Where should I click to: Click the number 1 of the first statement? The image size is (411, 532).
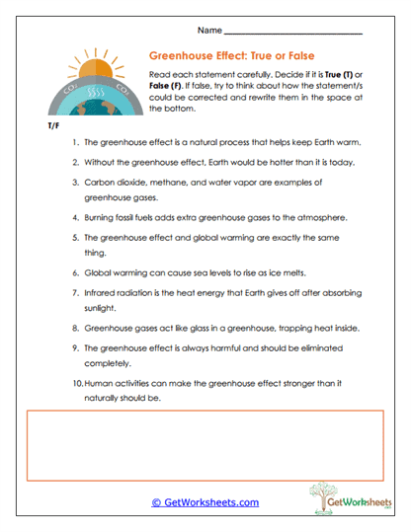(75, 143)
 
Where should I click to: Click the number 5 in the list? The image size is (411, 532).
(75, 238)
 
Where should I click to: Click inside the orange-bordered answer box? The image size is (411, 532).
(205, 444)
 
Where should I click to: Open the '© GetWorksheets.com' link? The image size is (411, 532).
(205, 502)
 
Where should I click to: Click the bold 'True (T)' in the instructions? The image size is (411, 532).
(348, 75)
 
